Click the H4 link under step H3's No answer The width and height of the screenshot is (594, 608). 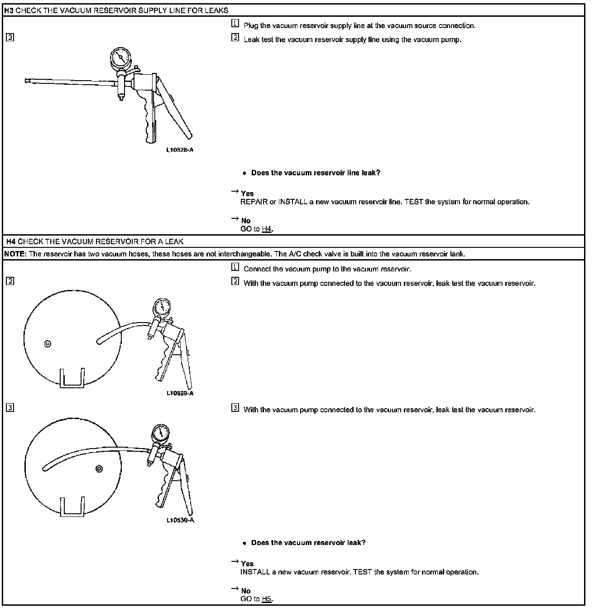pos(266,229)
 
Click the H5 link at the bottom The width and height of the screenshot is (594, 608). pos(266,599)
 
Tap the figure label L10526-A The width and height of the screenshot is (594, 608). pos(180,150)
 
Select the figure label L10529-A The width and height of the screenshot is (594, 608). pos(180,393)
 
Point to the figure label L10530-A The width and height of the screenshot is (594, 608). pos(180,520)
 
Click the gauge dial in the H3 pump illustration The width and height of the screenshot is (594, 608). pos(120,58)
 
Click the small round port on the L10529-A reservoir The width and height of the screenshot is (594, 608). pos(47,344)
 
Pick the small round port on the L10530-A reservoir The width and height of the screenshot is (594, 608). pos(99,468)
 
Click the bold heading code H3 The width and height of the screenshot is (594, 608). pos(9,10)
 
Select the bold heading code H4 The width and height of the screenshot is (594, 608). pos(11,241)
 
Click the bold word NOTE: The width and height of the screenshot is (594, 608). pos(15,254)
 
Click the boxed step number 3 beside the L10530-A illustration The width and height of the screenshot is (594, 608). pos(10,407)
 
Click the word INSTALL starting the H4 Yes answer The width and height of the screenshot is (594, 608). pos(255,572)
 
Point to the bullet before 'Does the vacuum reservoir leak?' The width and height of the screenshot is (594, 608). pos(244,543)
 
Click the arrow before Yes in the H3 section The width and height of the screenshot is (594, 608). pos(235,192)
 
